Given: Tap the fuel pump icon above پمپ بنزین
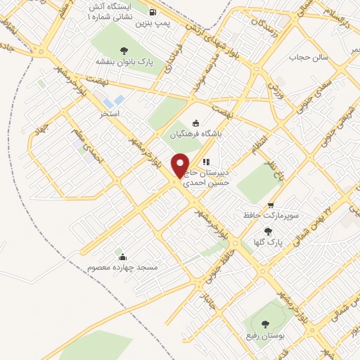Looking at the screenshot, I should point(153,11).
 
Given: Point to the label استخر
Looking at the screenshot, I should point(109,113).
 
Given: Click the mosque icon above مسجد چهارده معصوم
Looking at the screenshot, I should point(124,257).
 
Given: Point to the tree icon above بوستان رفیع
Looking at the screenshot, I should point(264,324).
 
